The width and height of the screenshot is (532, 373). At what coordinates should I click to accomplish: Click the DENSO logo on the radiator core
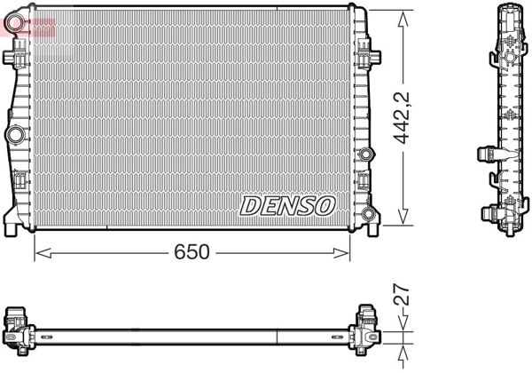point(286,205)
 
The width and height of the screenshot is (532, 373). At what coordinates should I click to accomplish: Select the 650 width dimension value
point(192,252)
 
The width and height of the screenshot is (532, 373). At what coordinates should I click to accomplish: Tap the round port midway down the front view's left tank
point(15,135)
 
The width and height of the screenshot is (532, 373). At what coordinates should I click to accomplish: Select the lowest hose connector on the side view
point(489,213)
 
